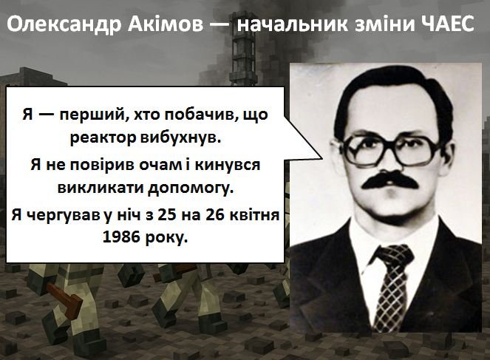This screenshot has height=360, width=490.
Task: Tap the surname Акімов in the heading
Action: tap(166, 24)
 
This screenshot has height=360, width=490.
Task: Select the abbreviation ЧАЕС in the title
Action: tap(448, 24)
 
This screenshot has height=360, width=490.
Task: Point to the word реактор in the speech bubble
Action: tap(103, 137)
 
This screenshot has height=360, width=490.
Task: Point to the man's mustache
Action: tap(389, 180)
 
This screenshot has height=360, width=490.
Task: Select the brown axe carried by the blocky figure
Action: tap(67, 299)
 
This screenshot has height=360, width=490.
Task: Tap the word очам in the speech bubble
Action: tap(159, 165)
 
